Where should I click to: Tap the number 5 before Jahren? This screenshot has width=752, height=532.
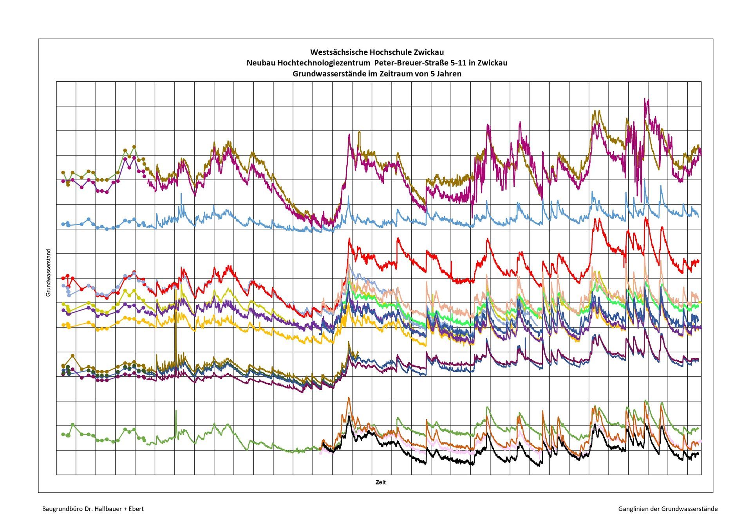tap(432, 74)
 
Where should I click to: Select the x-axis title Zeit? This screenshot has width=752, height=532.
tap(380, 483)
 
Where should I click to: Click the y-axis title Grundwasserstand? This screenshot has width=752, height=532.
tap(49, 273)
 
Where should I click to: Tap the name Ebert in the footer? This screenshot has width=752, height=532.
tap(136, 509)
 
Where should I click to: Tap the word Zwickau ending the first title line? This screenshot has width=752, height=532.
tap(430, 52)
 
